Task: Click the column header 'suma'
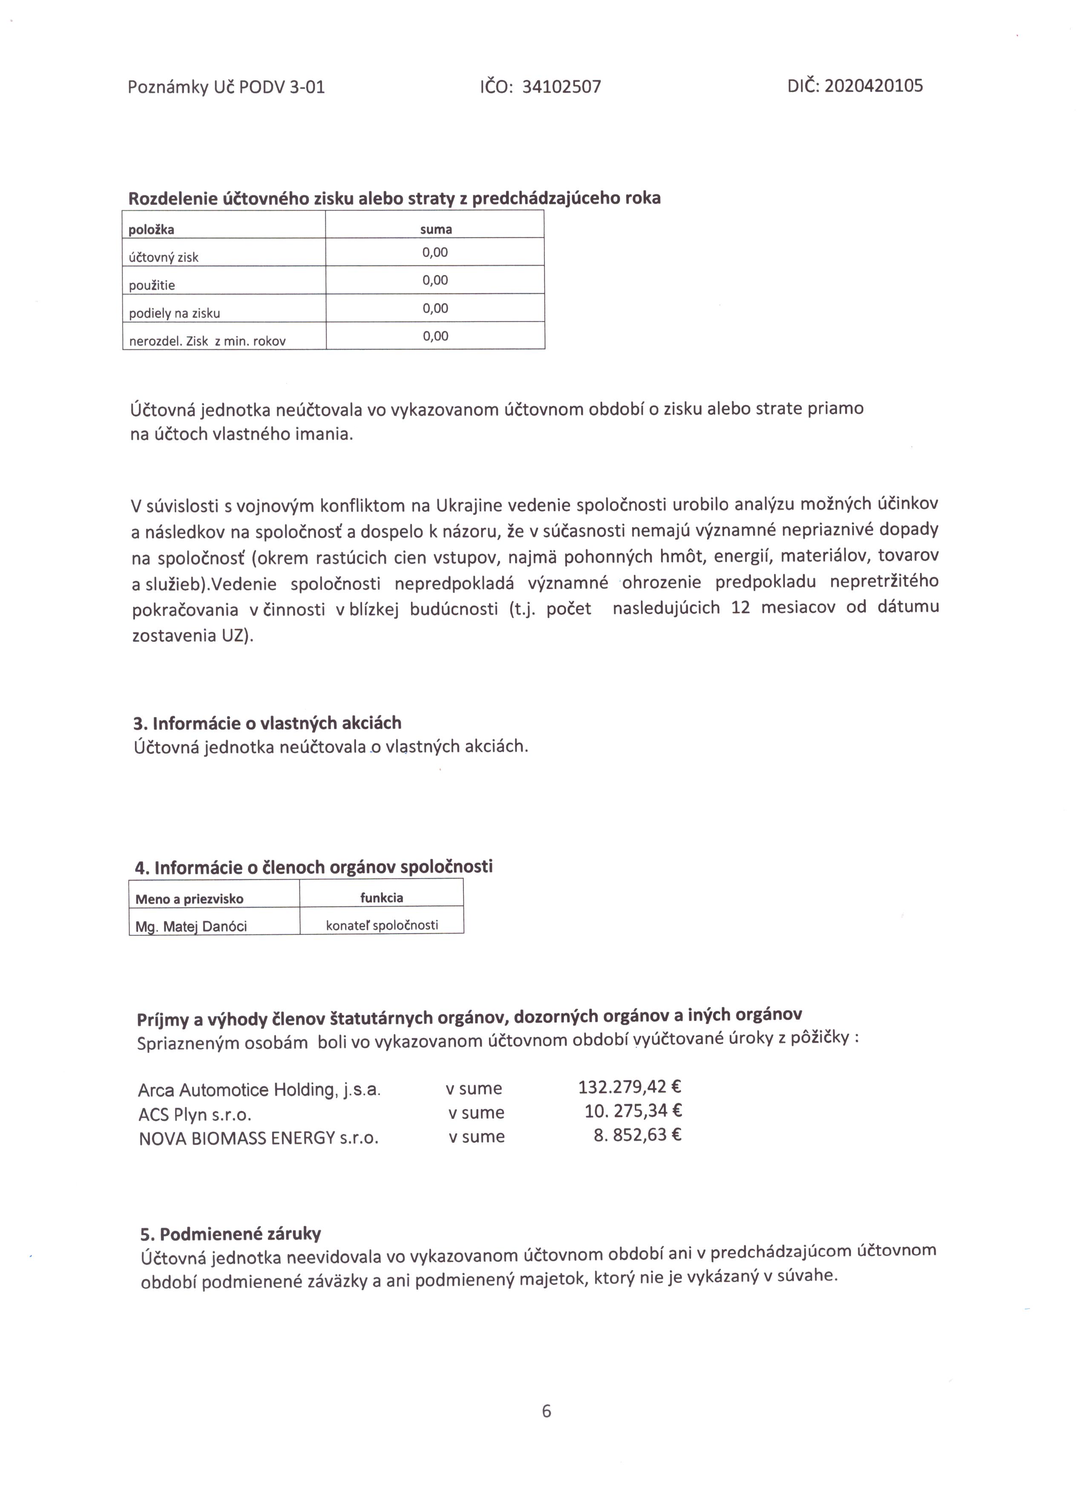(x=436, y=230)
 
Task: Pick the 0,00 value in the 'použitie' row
(x=435, y=280)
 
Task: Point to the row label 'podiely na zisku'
(x=175, y=313)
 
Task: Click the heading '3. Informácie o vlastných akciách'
(x=267, y=723)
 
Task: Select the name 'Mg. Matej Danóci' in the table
(x=191, y=927)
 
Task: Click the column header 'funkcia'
(x=382, y=898)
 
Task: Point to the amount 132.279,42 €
(x=630, y=1086)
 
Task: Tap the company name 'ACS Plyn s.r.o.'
(x=195, y=1115)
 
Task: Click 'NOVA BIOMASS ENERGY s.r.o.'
(x=259, y=1138)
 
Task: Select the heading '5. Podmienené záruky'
(x=231, y=1233)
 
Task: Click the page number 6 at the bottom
(x=546, y=1411)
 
